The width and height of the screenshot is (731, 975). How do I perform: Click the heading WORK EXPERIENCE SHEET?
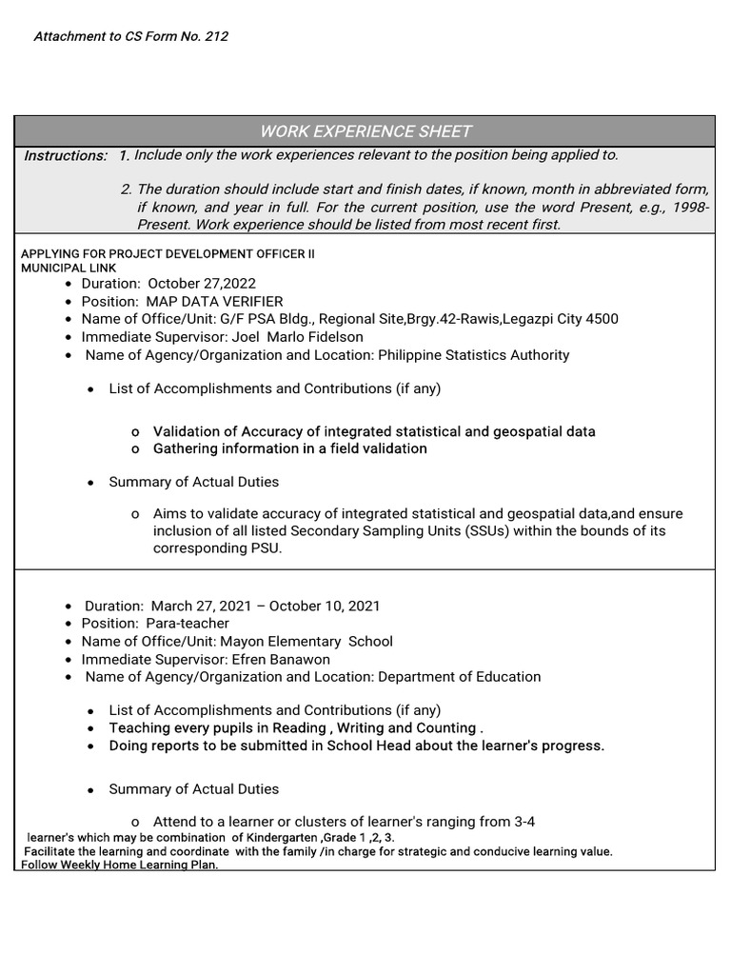pos(365,131)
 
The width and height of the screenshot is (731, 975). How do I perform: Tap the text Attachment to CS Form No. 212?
pos(130,37)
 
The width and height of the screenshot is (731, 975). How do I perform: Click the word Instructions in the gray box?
pos(65,156)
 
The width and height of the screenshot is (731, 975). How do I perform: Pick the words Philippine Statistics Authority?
pos(474,355)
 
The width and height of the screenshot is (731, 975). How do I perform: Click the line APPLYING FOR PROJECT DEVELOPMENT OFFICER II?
pos(168,254)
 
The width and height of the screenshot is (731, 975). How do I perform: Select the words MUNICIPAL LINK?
pos(69,269)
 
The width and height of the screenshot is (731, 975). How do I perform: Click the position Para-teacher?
pos(188,624)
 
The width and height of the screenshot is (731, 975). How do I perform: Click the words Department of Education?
pos(460,677)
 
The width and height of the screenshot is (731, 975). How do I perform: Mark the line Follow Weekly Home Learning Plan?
pos(120,865)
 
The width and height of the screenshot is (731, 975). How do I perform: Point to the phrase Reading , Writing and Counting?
pos(387,728)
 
